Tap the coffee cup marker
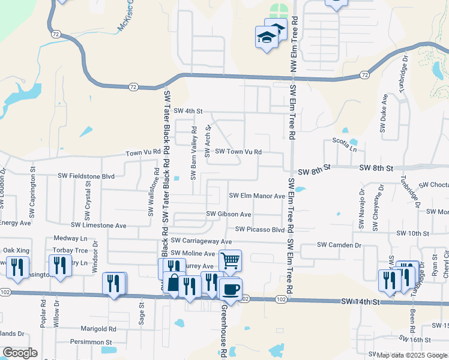click(x=231, y=289)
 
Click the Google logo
click(x=20, y=353)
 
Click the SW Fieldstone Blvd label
click(x=86, y=176)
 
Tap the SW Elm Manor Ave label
click(x=258, y=196)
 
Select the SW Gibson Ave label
click(x=229, y=214)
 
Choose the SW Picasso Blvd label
click(x=260, y=229)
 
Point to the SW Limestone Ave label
click(x=99, y=225)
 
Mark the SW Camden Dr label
click(x=339, y=245)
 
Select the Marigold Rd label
click(x=98, y=329)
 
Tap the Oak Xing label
click(x=16, y=250)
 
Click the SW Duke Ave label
click(x=383, y=113)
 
